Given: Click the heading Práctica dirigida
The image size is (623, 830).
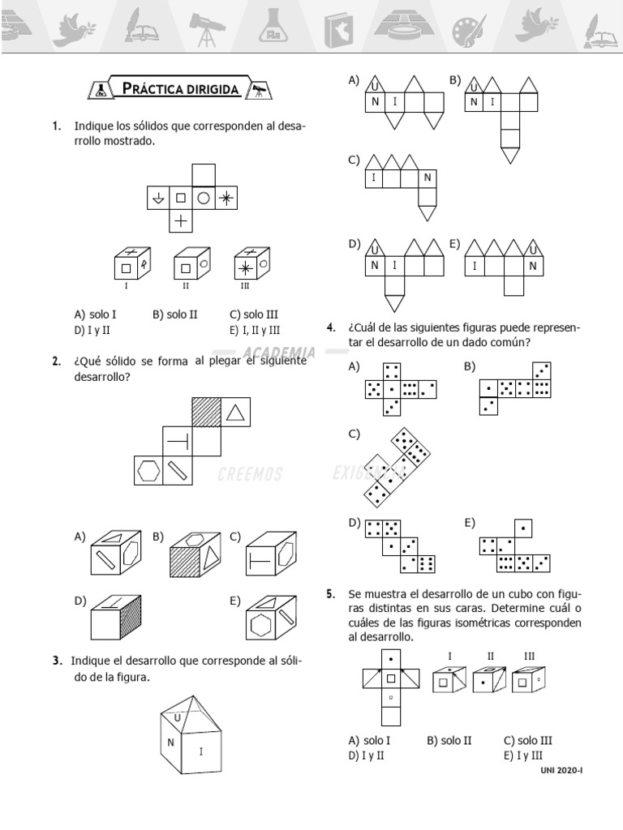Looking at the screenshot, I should [x=179, y=88].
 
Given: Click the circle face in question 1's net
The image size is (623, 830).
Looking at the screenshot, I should [x=204, y=197].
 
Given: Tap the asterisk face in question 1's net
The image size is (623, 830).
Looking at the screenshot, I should [x=227, y=197].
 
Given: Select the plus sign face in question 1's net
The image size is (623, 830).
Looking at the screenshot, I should [x=181, y=220].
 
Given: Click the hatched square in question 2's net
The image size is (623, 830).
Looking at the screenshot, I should [x=206, y=412].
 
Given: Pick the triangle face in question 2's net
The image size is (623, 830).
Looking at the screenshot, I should [x=235, y=412].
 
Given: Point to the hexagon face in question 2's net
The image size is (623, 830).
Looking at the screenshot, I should [x=148, y=470].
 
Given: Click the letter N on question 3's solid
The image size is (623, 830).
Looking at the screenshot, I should [x=171, y=742].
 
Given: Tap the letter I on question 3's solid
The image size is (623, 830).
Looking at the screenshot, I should [x=201, y=751].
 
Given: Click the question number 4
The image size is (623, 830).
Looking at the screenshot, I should [x=331, y=327].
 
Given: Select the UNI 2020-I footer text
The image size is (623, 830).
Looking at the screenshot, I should [x=561, y=769].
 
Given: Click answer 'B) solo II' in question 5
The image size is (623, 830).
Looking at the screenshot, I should [x=449, y=740].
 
